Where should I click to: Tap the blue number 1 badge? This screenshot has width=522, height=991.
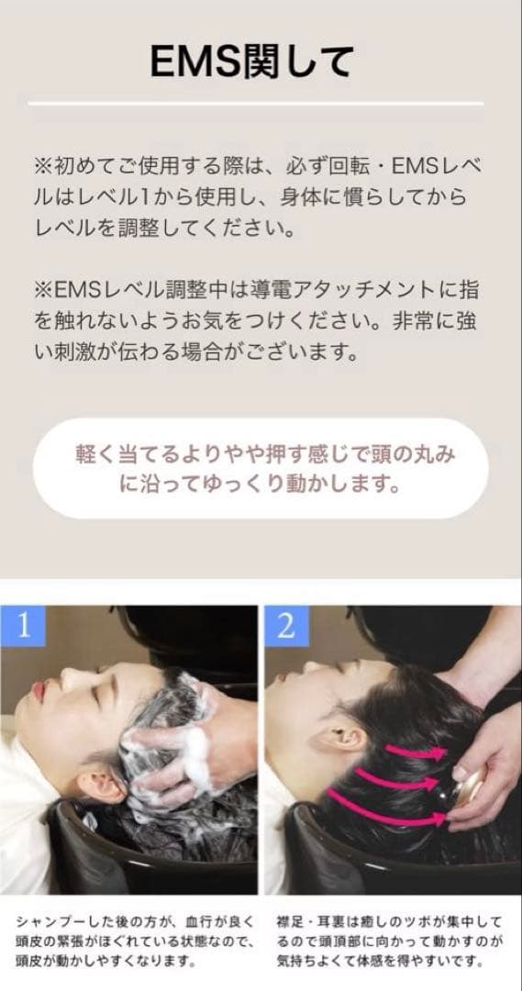[24, 626]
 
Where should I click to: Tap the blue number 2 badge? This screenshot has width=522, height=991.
[285, 626]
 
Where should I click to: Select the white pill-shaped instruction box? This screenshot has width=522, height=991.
[261, 469]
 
